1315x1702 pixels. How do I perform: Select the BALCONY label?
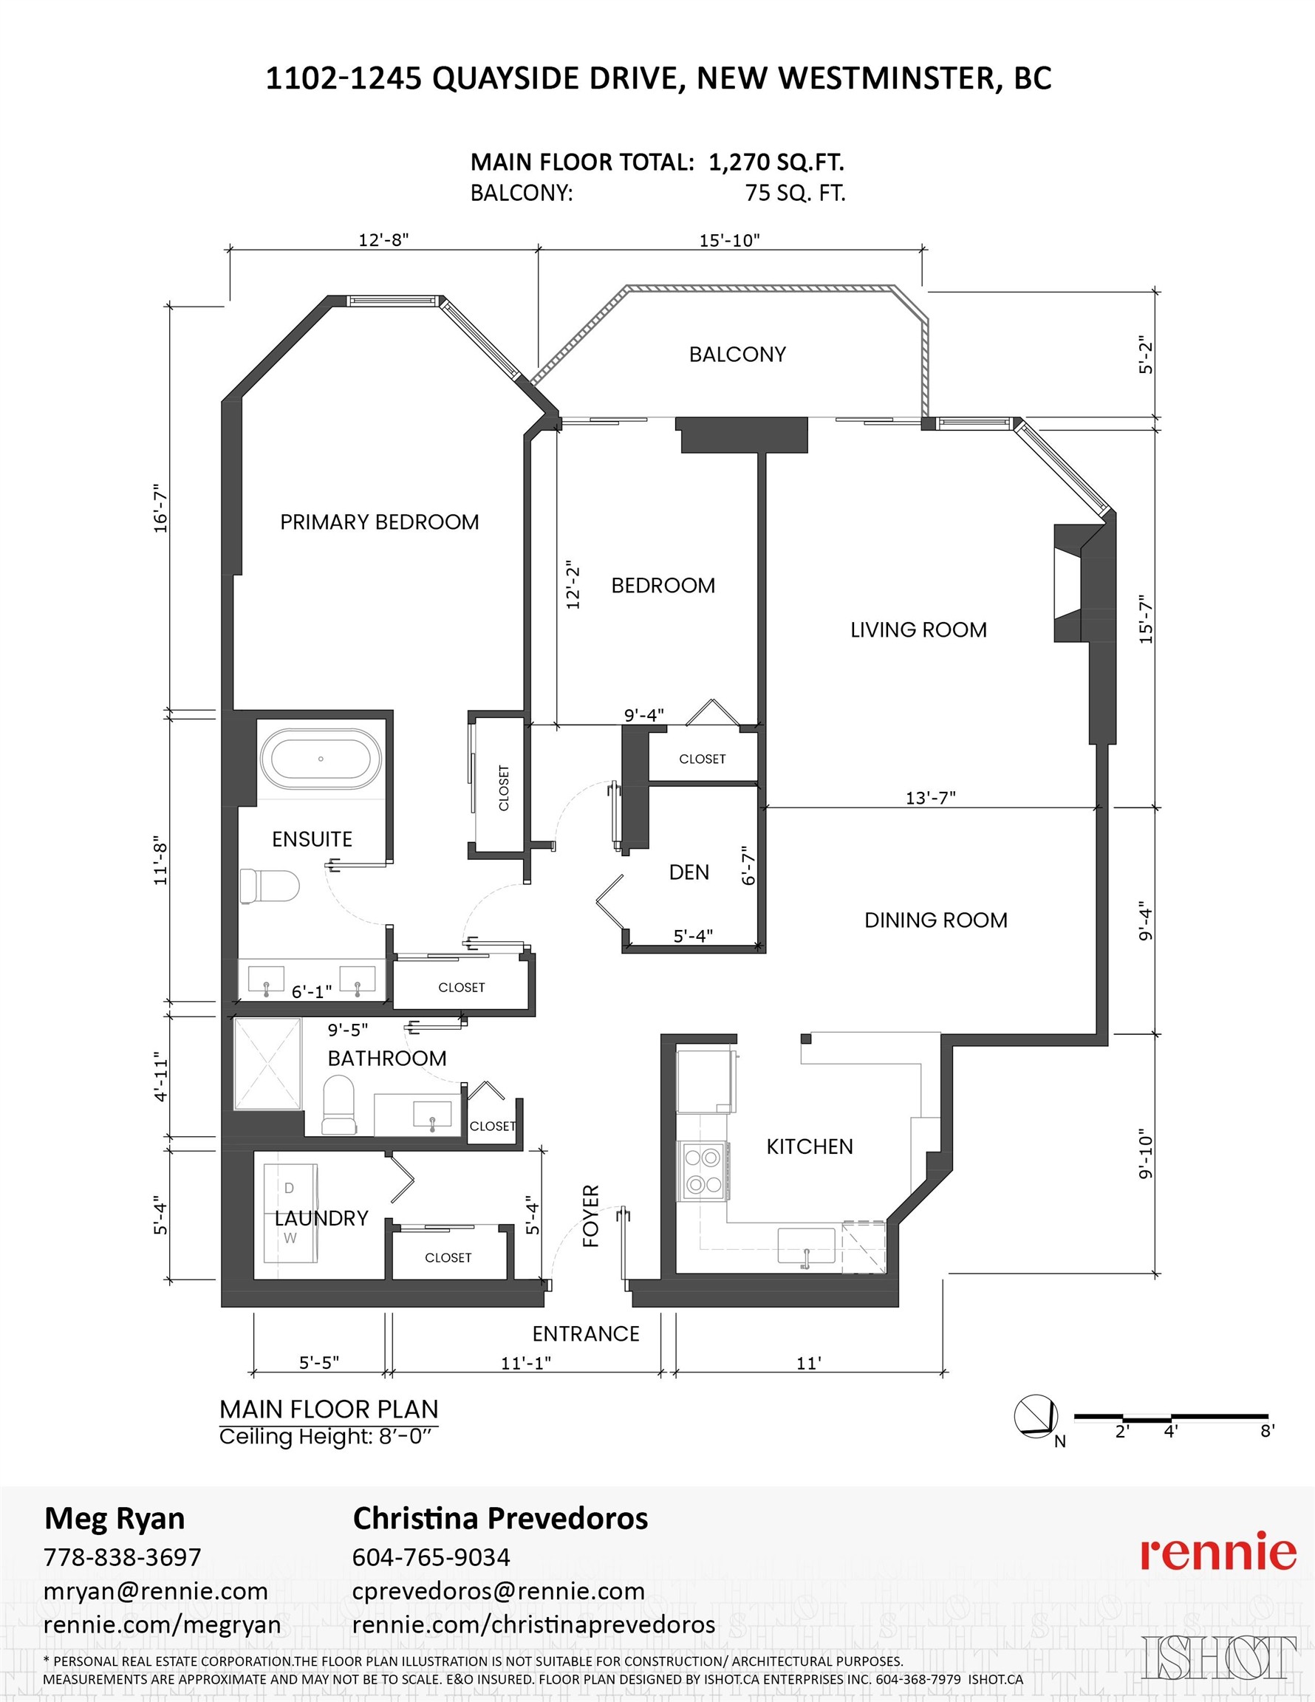[x=737, y=355]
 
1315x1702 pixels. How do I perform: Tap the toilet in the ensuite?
[x=270, y=886]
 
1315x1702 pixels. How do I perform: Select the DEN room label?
[x=689, y=872]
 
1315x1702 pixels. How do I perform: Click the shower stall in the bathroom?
[x=267, y=1063]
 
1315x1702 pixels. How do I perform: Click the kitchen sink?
[x=806, y=1245]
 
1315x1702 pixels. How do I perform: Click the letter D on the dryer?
[x=289, y=1189]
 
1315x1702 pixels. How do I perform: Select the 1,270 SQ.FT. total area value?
[x=776, y=162]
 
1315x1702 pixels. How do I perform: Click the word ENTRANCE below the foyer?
[x=585, y=1333]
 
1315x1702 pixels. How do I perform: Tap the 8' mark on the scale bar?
[x=1268, y=1431]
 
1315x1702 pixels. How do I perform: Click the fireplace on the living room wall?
[x=1069, y=583]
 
